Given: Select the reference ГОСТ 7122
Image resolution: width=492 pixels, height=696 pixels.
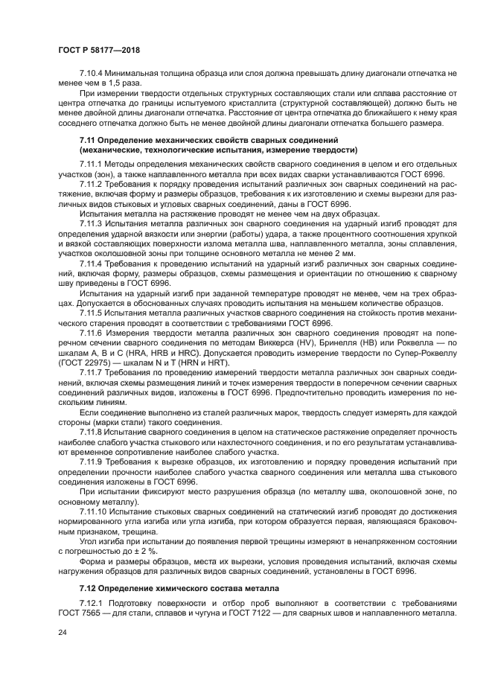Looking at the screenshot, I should [x=258, y=613].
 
